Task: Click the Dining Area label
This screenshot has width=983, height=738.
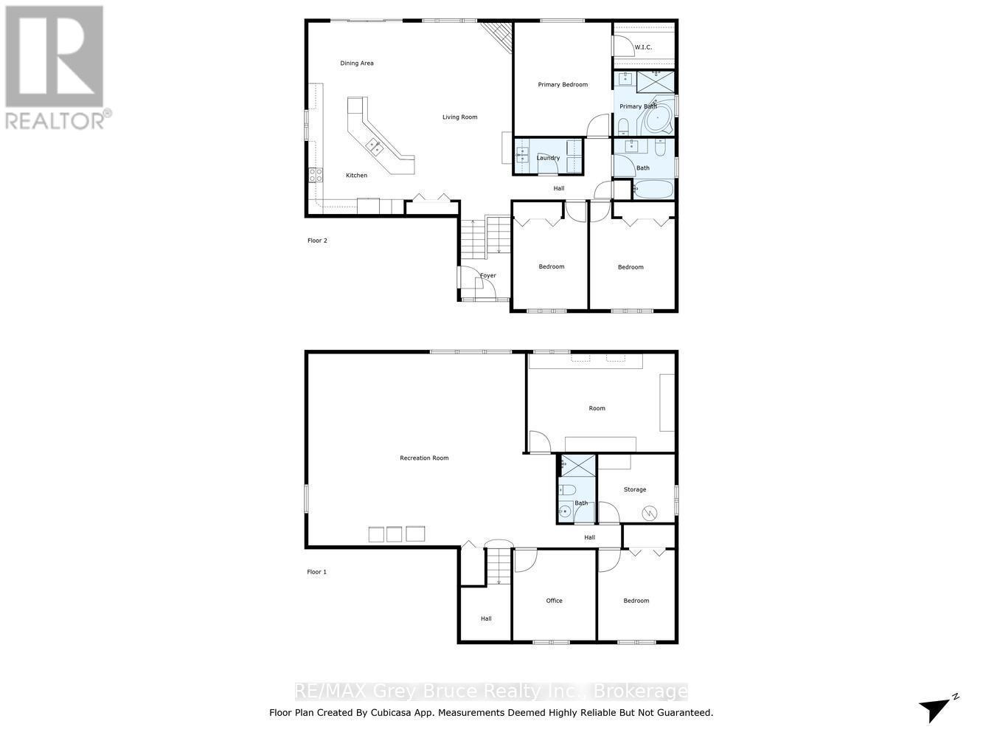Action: coord(357,63)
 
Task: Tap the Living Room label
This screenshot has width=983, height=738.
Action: coord(459,117)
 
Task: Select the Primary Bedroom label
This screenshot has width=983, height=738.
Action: coord(563,85)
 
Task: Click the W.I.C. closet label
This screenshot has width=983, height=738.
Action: coord(643,47)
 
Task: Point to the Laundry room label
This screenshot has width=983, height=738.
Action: coord(548,158)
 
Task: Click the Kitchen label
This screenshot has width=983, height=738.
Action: coord(356,176)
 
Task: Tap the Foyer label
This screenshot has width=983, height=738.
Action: coord(488,276)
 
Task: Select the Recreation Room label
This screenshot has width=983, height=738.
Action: coord(424,458)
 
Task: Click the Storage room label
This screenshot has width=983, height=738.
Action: coord(634,490)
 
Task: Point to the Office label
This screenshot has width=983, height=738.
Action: coord(554,601)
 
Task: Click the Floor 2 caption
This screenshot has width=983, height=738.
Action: coord(317,241)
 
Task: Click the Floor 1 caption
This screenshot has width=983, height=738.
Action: coord(317,572)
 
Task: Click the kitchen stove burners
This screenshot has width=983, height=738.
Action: coord(316,175)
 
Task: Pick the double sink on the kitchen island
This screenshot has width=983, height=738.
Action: coord(375,145)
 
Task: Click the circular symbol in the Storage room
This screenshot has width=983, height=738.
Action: coord(650,511)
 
